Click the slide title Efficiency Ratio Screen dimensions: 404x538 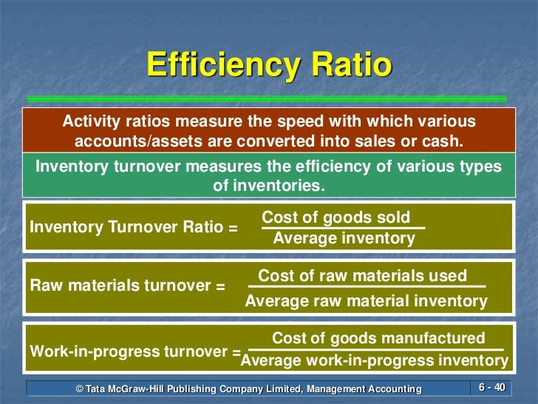pos(269,65)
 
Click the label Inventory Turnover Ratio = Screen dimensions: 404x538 pos(134,228)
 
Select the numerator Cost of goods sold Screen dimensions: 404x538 pos(336,218)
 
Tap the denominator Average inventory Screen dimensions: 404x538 pos(344,238)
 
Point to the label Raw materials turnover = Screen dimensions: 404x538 pos(128,286)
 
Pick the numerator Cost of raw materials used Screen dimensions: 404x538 pos(363,276)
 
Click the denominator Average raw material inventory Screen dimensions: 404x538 pos(367,301)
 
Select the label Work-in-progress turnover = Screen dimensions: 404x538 pos(135,351)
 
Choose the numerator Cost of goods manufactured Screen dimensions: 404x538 pos(379,338)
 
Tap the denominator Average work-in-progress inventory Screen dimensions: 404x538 pos(375,361)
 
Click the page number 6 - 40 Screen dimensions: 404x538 pos(491,388)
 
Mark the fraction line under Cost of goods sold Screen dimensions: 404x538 pos(344,228)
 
